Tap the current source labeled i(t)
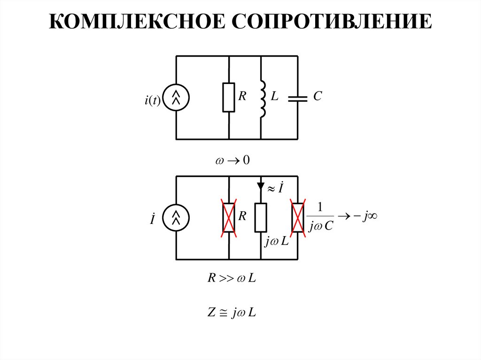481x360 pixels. tap(176, 97)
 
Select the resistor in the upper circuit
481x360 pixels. tap(229, 97)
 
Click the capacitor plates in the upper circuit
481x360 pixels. tap(297, 98)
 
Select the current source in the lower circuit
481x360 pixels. tap(176, 217)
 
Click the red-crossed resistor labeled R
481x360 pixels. tap(229, 217)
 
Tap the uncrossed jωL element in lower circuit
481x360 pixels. tap(261, 217)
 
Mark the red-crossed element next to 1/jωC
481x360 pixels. tap(297, 217)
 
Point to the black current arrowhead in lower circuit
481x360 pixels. tap(261, 186)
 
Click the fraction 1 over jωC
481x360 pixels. tap(321, 217)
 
